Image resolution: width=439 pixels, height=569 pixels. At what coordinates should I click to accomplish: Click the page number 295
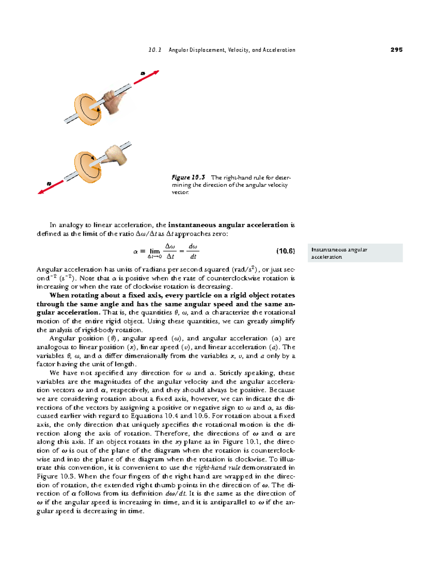point(396,50)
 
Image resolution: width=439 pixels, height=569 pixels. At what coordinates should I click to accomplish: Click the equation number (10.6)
point(285,251)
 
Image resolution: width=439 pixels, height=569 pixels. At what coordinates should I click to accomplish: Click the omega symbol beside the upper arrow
point(143,74)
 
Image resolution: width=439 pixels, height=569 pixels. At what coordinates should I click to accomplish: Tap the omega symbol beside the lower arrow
point(49,183)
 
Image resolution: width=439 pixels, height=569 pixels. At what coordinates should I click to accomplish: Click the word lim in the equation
point(155,251)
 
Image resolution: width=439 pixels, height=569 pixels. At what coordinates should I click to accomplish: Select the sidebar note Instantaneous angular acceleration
point(339,253)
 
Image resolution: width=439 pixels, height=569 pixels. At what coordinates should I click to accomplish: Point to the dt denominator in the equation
point(193,256)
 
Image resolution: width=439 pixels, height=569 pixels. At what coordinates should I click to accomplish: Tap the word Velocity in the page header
point(238,50)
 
